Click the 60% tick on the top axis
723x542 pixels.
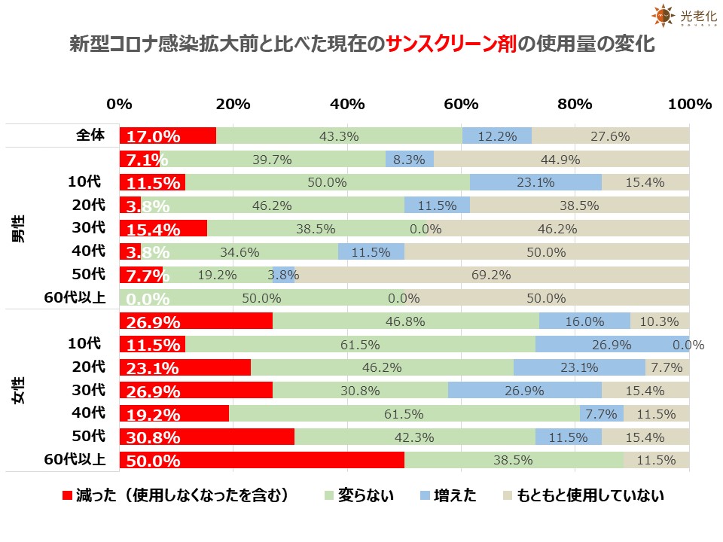pyautogui.click(x=461, y=105)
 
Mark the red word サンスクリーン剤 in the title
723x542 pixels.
pyautogui.click(x=450, y=44)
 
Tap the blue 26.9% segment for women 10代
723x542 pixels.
pyautogui.click(x=612, y=345)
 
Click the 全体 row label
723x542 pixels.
pyautogui.click(x=90, y=135)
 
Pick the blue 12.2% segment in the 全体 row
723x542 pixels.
pyautogui.click(x=496, y=136)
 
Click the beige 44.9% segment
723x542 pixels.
pyautogui.click(x=561, y=160)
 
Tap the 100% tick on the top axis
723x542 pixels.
pyautogui.click(x=689, y=105)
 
